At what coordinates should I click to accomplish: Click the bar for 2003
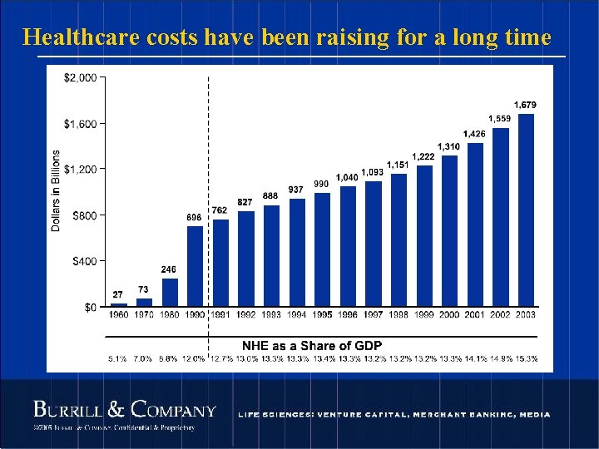pyautogui.click(x=526, y=210)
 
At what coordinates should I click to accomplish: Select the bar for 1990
pyautogui.click(x=195, y=266)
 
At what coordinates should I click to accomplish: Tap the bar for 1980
pyautogui.click(x=170, y=292)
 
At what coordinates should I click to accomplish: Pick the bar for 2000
pyautogui.click(x=449, y=230)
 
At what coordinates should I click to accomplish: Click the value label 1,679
pyautogui.click(x=525, y=105)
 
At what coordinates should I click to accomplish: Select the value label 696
pyautogui.click(x=194, y=218)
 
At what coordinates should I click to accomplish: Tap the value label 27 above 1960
pyautogui.click(x=118, y=294)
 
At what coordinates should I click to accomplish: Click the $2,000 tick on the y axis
pyautogui.click(x=81, y=77)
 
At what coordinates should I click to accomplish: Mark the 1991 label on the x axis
pyautogui.click(x=220, y=315)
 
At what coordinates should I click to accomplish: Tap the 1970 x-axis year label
pyautogui.click(x=144, y=315)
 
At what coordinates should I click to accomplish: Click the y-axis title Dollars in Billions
pyautogui.click(x=56, y=191)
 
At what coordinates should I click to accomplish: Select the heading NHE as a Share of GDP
pyautogui.click(x=312, y=345)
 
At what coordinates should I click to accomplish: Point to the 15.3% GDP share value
pyautogui.click(x=526, y=359)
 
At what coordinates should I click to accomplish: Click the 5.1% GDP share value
pyautogui.click(x=118, y=359)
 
